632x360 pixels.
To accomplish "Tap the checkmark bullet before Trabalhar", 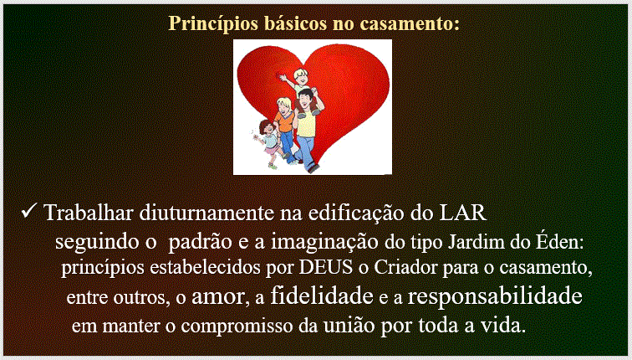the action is point(29,211).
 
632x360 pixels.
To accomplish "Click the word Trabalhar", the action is point(89,213).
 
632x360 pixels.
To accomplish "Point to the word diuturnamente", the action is point(206,213).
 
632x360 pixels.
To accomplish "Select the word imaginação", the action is point(324,242).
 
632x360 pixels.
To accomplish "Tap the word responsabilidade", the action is point(495,296).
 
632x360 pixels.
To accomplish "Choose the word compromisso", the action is point(237,327).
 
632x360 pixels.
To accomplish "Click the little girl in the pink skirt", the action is point(268,143).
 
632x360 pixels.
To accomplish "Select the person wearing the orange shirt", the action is point(285,129).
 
